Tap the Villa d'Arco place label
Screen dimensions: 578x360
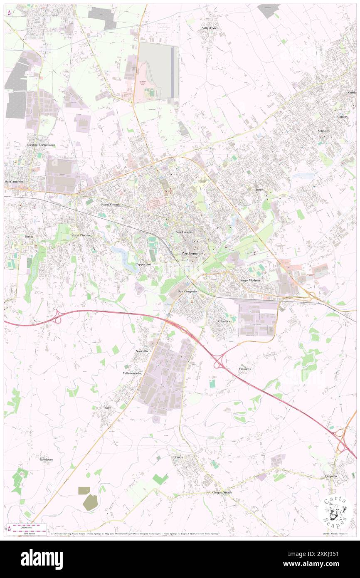[210, 28]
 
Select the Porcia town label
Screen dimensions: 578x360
[29, 236]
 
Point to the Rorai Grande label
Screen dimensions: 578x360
[111, 205]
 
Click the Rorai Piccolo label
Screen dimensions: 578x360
[81, 235]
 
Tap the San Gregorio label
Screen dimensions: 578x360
[186, 291]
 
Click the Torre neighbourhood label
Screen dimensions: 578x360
[259, 190]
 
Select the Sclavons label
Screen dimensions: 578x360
[323, 131]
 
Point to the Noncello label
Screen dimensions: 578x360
[142, 351]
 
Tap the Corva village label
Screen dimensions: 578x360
[179, 457]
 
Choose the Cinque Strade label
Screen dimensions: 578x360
[222, 492]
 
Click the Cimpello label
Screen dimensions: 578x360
[331, 476]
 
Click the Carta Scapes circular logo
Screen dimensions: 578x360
[336, 512]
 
